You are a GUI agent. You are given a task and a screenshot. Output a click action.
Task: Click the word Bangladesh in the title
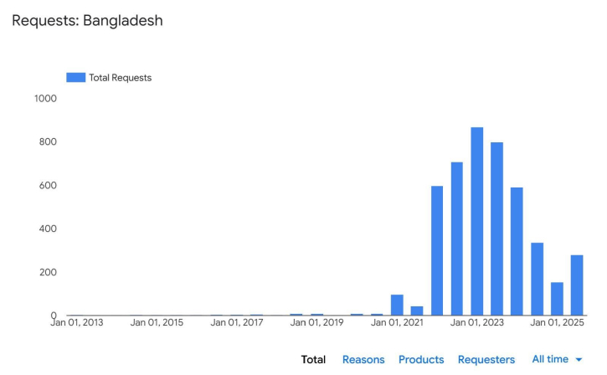[x=123, y=20]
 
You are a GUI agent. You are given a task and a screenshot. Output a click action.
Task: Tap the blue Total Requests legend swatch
[x=75, y=77]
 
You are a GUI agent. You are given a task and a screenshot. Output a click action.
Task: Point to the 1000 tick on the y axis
[x=45, y=99]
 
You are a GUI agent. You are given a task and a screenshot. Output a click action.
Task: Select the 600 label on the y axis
[x=48, y=186]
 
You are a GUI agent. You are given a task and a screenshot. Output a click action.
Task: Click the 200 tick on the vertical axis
[x=48, y=273]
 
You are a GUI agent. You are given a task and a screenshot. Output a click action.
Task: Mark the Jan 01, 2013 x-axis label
[x=77, y=322]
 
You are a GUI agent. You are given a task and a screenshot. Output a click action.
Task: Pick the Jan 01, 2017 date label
[x=237, y=322]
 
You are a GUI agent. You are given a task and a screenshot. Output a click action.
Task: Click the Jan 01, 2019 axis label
[x=316, y=322]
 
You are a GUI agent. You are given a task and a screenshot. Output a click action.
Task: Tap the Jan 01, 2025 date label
[x=556, y=322]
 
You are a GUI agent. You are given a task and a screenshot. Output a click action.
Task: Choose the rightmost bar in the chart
[x=577, y=285]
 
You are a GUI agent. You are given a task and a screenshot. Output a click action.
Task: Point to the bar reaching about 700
[x=457, y=239]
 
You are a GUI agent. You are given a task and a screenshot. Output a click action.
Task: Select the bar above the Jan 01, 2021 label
[x=397, y=306]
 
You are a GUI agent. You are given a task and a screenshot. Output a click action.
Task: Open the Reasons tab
[x=363, y=360]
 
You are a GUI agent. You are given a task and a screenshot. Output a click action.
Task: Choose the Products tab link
[x=421, y=360]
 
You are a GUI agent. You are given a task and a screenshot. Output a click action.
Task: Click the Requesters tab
[x=486, y=360]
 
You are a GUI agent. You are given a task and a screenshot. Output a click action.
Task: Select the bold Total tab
[x=313, y=360]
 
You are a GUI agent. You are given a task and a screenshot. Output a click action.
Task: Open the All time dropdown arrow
[x=579, y=360]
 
